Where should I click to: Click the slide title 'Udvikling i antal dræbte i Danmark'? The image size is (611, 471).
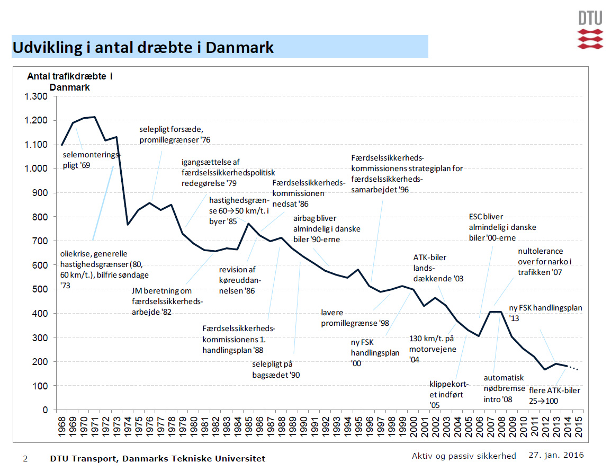pyautogui.click(x=143, y=47)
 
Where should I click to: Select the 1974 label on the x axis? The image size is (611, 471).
pyautogui.click(x=128, y=427)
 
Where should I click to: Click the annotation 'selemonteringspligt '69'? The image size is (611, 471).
pyautogui.click(x=91, y=160)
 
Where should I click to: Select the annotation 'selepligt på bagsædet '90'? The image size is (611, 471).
pyautogui.click(x=276, y=369)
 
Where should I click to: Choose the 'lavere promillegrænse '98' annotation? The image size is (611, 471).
pyautogui.click(x=355, y=317)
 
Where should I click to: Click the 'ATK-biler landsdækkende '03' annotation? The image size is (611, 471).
pyautogui.click(x=438, y=268)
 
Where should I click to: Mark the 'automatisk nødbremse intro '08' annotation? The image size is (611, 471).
pyautogui.click(x=504, y=388)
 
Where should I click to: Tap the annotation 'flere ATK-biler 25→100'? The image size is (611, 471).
pyautogui.click(x=554, y=395)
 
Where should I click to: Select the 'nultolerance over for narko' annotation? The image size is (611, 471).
pyautogui.click(x=540, y=261)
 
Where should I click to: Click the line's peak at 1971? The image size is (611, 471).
pyautogui.click(x=94, y=117)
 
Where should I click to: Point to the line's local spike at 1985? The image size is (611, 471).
pyautogui.click(x=248, y=224)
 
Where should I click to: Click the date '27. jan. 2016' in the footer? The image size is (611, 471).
pyautogui.click(x=556, y=455)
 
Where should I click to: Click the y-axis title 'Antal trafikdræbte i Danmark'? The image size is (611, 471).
pyautogui.click(x=70, y=82)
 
